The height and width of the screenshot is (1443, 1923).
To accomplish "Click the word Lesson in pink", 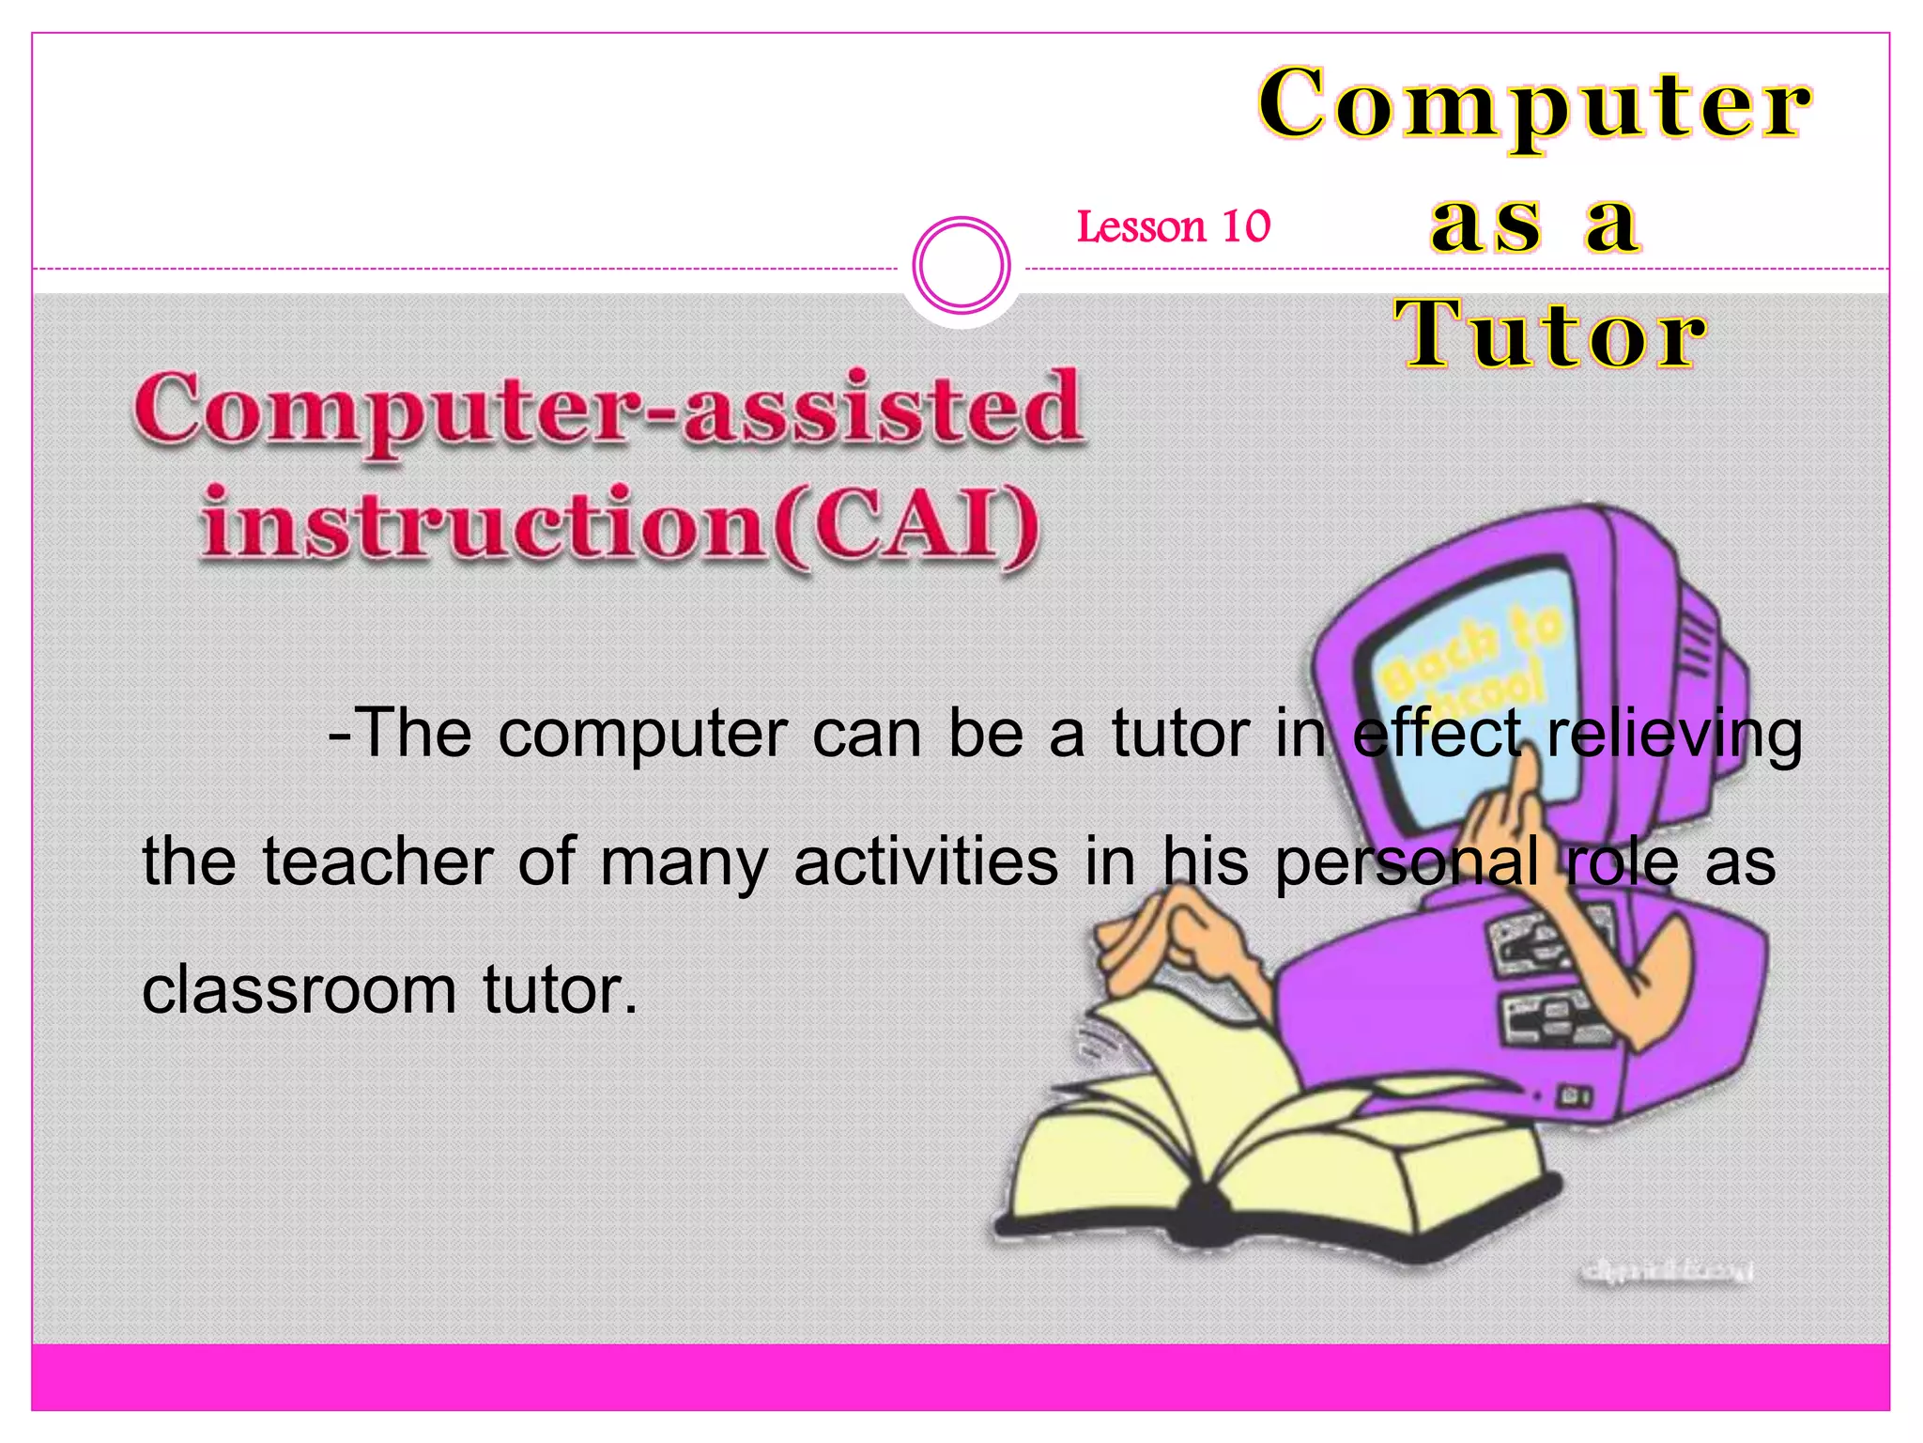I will (1141, 226).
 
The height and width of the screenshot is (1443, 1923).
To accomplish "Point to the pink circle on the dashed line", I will (961, 265).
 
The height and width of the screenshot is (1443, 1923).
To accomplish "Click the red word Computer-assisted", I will (608, 410).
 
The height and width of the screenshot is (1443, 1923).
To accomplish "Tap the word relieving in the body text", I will (1673, 734).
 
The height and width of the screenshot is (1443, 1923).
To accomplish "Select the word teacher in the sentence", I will (377, 861).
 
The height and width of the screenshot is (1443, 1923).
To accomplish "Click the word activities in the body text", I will (926, 861).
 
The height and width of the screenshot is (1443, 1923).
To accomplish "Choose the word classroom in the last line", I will (299, 990).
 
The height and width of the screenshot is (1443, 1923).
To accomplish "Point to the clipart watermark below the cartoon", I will (1667, 1272).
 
